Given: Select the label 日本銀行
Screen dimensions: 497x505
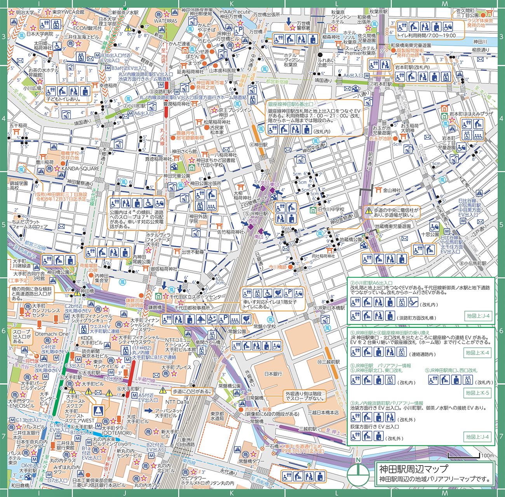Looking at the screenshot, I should (273, 374).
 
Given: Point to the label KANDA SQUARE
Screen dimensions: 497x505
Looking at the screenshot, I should (80, 169).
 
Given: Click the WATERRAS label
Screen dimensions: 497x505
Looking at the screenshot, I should (165, 21).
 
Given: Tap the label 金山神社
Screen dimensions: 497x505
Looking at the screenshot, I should (392, 190).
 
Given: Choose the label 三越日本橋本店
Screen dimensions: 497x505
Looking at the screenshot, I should (323, 412).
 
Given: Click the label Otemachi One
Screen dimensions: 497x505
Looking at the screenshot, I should (52, 334).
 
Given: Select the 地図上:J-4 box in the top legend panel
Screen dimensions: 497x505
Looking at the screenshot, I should (478, 316).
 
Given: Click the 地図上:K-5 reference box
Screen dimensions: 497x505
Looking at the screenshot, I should (477, 393).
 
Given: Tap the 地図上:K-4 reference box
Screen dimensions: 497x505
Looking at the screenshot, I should (477, 353).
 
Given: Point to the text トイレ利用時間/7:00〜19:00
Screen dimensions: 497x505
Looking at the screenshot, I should (426, 35).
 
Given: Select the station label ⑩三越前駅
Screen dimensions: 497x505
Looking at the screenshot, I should (328, 362).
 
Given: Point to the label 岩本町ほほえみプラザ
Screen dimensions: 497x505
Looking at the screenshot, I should (471, 114).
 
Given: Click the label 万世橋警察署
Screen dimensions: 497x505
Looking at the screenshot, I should (303, 26).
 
